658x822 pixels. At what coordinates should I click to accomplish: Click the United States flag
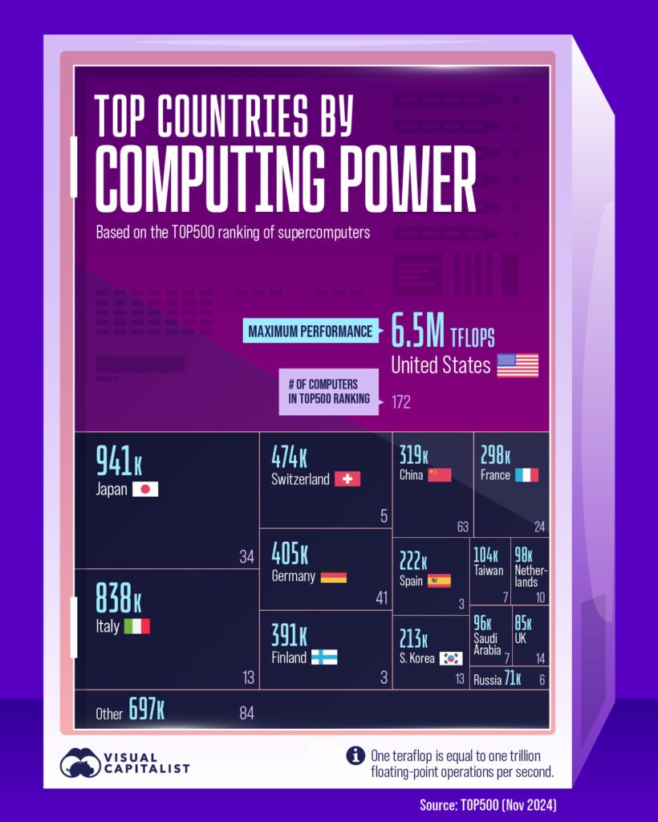click(x=518, y=365)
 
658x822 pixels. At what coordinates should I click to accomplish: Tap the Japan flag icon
click(x=145, y=489)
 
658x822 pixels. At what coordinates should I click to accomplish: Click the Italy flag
click(x=136, y=626)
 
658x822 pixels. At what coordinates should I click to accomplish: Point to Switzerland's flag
click(x=347, y=479)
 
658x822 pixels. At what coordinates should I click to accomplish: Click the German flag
click(x=334, y=576)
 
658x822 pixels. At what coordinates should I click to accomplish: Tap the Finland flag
click(x=324, y=657)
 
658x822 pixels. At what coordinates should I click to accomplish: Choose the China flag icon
click(x=440, y=474)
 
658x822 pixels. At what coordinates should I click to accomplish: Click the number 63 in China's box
click(x=462, y=527)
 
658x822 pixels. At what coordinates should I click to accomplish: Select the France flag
click(x=526, y=474)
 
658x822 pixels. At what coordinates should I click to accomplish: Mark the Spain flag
click(x=439, y=580)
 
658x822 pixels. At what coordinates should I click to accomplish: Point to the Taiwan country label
click(x=489, y=571)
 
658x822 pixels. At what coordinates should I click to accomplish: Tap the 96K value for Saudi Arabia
click(x=482, y=621)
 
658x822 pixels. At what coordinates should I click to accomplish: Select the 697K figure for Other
click(x=147, y=710)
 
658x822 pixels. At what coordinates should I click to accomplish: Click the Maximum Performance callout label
click(x=310, y=331)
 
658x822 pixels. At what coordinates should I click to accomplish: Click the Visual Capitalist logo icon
click(x=79, y=763)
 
